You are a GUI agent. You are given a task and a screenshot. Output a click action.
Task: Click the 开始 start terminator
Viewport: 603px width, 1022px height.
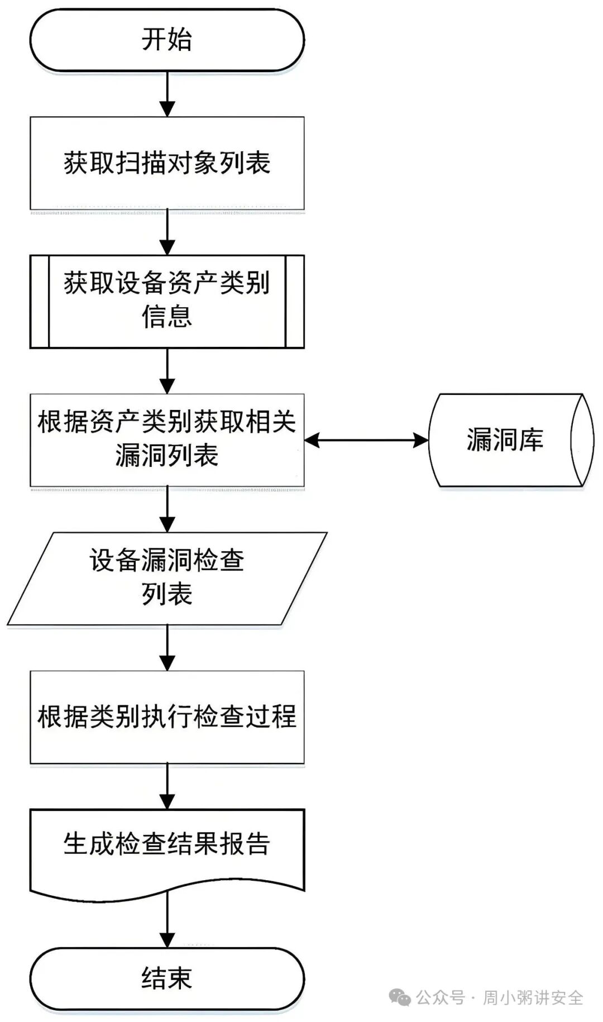pyautogui.click(x=167, y=40)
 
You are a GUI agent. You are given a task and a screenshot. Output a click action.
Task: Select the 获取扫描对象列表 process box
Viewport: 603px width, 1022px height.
pyautogui.click(x=167, y=163)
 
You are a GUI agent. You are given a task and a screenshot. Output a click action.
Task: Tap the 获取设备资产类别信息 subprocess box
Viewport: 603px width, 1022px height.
pyautogui.click(x=167, y=302)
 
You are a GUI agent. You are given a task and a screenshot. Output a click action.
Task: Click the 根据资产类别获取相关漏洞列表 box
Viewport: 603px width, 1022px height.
pyautogui.click(x=167, y=440)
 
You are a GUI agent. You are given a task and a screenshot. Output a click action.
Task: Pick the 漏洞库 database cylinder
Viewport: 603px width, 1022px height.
pyautogui.click(x=511, y=440)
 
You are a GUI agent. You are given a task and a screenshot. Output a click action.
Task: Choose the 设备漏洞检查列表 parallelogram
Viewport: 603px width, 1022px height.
pyautogui.click(x=167, y=579)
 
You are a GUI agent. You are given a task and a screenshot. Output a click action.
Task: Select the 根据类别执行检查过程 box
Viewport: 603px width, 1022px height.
pyautogui.click(x=167, y=717)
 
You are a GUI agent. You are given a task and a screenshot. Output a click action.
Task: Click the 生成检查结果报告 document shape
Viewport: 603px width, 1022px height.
pyautogui.click(x=167, y=852)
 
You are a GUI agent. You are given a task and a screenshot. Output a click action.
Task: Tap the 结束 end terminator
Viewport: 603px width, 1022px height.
pyautogui.click(x=167, y=978)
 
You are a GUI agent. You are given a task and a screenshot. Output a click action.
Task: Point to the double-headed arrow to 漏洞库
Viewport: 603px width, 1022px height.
pyautogui.click(x=366, y=440)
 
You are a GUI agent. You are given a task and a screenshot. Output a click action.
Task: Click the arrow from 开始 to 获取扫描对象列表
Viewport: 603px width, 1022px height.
pyautogui.click(x=167, y=94)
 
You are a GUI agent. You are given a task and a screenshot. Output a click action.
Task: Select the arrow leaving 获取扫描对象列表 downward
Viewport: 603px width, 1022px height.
pyautogui.click(x=167, y=232)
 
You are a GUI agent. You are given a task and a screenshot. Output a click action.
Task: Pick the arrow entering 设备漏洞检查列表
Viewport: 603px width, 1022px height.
pyautogui.click(x=167, y=509)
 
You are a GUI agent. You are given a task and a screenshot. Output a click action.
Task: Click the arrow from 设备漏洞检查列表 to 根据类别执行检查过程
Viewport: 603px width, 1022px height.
pyautogui.click(x=167, y=648)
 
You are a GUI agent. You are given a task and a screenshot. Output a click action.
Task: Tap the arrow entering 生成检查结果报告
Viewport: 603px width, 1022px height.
pyautogui.click(x=167, y=786)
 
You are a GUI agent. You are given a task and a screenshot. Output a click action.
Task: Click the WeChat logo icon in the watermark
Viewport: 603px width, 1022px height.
pyautogui.click(x=400, y=997)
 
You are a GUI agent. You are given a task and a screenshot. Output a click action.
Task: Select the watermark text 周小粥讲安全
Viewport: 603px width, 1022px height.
pyautogui.click(x=533, y=997)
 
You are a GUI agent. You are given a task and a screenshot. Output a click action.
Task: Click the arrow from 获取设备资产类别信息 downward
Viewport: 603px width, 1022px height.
pyautogui.click(x=167, y=371)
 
